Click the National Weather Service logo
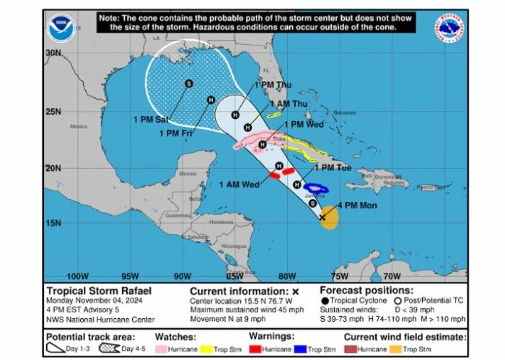coord(449,27)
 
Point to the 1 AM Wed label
coord(240,184)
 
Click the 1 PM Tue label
coord(333,168)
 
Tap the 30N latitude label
coord(53,53)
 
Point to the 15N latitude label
coord(53,222)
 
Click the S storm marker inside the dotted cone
coord(188,84)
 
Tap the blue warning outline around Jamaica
coord(315,189)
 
